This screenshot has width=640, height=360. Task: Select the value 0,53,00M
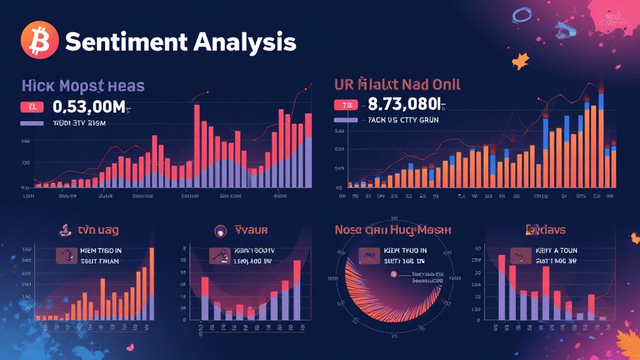pyautogui.click(x=94, y=107)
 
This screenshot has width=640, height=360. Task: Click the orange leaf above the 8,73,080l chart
pyautogui.click(x=519, y=61)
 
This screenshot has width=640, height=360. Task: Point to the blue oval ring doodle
pyautogui.click(x=520, y=16)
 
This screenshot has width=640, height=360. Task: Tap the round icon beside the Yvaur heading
pyautogui.click(x=220, y=231)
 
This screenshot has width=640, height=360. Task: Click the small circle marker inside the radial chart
pyautogui.click(x=394, y=275)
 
